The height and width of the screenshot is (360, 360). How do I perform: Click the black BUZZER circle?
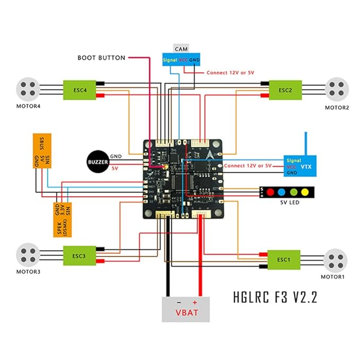pyautogui.click(x=98, y=162)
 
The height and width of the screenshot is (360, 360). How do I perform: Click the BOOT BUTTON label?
pyautogui.click(x=101, y=57)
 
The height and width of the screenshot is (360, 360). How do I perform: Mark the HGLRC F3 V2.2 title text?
pyautogui.click(x=275, y=296)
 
